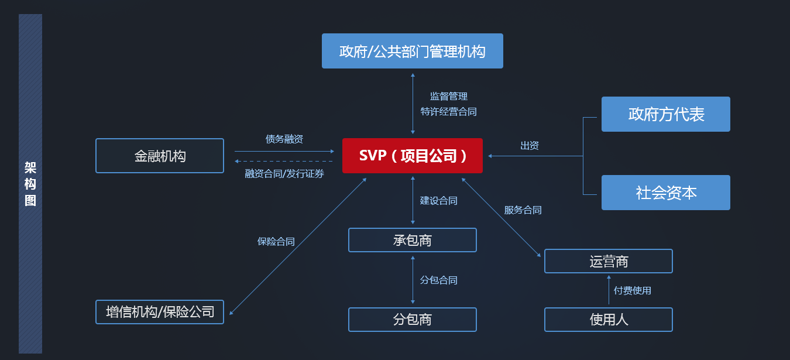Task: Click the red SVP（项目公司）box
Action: click(x=413, y=156)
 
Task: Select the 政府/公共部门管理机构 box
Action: click(x=413, y=51)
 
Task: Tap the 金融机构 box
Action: click(x=160, y=156)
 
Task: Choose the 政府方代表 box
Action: click(x=666, y=114)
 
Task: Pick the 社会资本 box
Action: click(x=666, y=193)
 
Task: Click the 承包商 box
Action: click(x=413, y=240)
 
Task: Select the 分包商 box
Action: click(x=413, y=320)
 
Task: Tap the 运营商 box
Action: click(x=609, y=261)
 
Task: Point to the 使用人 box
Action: click(x=609, y=320)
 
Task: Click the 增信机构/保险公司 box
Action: click(x=160, y=312)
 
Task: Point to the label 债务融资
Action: click(x=284, y=139)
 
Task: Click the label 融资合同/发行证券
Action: click(x=284, y=173)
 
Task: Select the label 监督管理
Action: click(x=449, y=96)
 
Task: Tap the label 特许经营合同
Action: click(x=449, y=111)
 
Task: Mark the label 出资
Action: click(x=530, y=146)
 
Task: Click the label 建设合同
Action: click(x=439, y=201)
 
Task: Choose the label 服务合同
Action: click(x=523, y=210)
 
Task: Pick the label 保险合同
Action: click(x=276, y=241)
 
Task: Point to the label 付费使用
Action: click(x=633, y=290)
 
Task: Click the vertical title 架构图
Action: click(x=30, y=184)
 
